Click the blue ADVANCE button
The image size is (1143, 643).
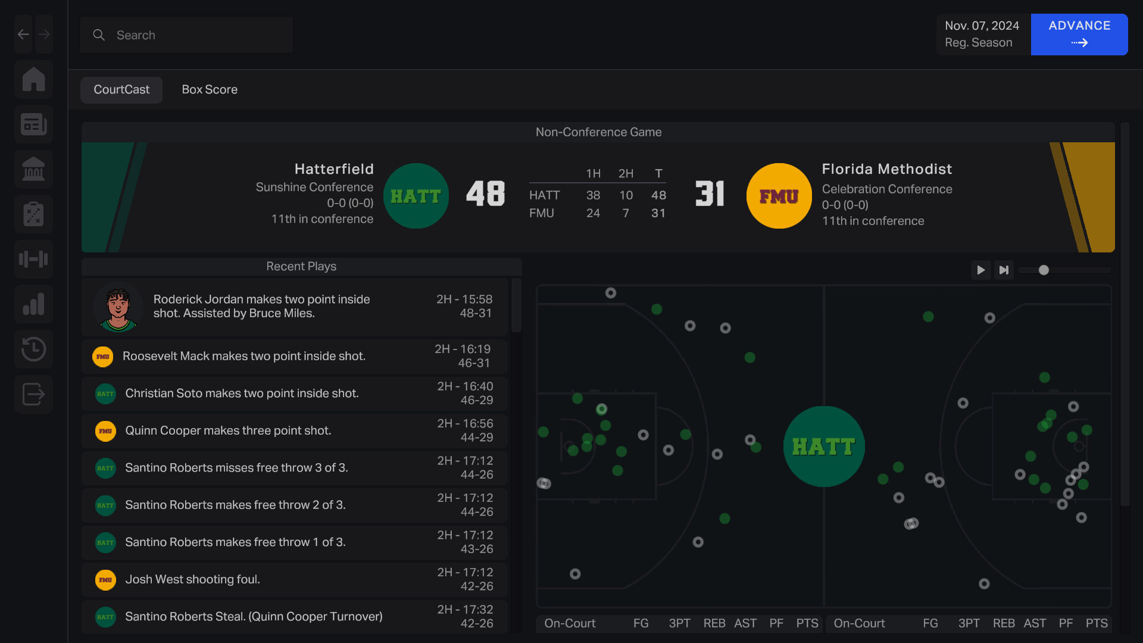(1079, 34)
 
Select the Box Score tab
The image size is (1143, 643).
(210, 89)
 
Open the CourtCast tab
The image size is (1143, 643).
(121, 89)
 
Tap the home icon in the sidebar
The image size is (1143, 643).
(34, 79)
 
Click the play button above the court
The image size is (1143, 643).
(980, 270)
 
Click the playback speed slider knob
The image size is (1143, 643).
(1044, 270)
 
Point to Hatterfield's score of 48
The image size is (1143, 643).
(485, 194)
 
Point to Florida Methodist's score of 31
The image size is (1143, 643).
(710, 194)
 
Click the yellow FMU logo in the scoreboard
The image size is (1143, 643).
(779, 196)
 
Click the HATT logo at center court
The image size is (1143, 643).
(824, 447)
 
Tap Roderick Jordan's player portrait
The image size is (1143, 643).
(118, 307)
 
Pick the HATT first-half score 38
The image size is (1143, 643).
(593, 195)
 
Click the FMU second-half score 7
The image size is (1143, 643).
(626, 213)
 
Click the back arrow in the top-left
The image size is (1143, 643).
(23, 35)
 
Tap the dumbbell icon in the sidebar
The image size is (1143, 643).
(34, 259)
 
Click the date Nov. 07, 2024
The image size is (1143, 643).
(982, 26)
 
